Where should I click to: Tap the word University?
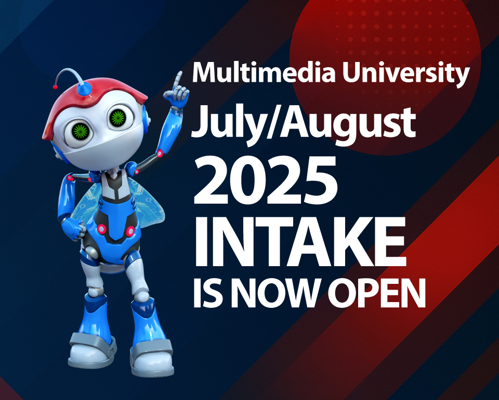(406, 74)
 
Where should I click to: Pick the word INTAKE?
(299, 243)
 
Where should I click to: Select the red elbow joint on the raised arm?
(160, 153)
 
